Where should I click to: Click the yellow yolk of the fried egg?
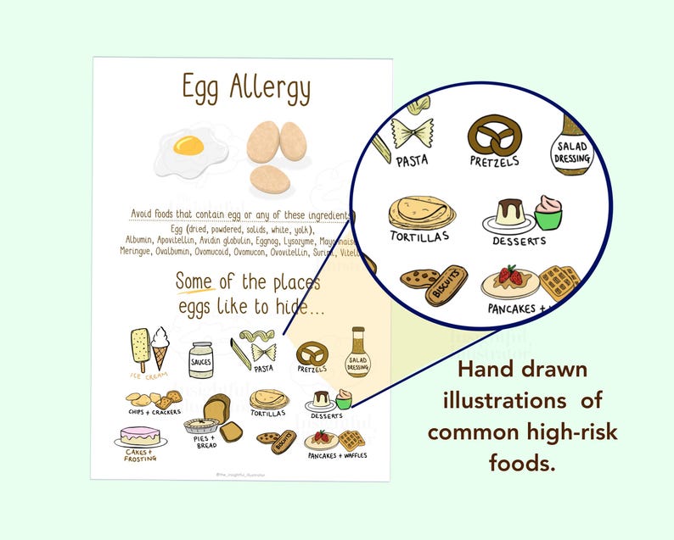(188, 145)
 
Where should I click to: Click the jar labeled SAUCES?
(201, 360)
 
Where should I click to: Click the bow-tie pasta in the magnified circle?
(413, 134)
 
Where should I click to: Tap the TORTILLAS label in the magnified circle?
(419, 236)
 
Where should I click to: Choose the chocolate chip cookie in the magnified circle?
(420, 278)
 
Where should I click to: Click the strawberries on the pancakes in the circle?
(509, 274)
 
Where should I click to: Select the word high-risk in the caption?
(575, 432)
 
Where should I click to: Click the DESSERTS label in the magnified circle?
(520, 242)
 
